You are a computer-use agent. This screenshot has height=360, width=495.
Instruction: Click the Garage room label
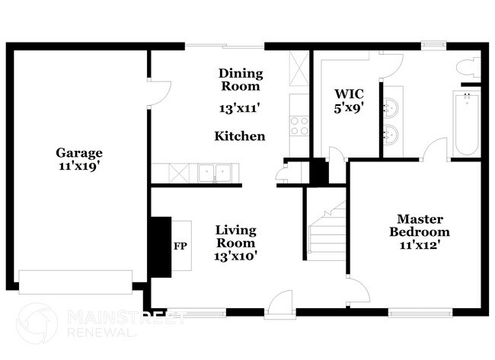point(78,151)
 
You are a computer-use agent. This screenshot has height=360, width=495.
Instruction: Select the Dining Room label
point(241,80)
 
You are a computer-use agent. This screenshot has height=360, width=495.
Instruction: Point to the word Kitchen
point(240,136)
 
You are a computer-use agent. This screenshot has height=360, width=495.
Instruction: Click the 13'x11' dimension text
point(241,108)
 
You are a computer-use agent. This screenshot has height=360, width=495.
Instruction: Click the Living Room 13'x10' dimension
point(235,256)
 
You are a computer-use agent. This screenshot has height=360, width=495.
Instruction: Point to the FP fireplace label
point(180,247)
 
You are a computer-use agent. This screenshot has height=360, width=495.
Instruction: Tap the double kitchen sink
point(214,174)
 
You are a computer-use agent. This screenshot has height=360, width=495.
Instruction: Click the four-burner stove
point(299,125)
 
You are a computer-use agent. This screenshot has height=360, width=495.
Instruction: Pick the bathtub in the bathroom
point(465,123)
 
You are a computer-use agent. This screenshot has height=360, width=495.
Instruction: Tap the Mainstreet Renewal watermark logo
point(37,323)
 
